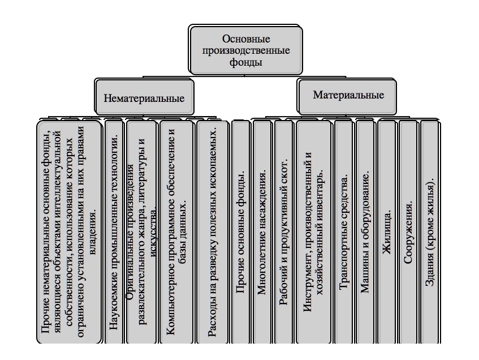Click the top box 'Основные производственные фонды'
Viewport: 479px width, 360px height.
point(246,50)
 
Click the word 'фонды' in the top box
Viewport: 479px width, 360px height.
point(246,62)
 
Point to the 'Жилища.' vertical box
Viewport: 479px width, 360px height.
point(387,232)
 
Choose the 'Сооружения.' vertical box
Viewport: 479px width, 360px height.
point(408,232)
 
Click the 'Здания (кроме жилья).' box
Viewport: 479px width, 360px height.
point(430,232)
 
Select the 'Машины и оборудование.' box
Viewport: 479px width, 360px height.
point(365,232)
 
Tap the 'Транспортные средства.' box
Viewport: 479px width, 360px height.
point(344,232)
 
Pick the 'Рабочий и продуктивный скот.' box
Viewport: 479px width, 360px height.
point(284,232)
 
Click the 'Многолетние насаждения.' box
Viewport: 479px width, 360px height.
point(262,232)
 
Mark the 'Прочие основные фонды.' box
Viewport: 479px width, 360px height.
point(241,232)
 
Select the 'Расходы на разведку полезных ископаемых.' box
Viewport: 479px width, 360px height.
point(212,232)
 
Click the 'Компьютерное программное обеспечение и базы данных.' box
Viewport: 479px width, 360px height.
point(176,232)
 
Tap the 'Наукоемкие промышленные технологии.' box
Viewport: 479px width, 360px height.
point(114,232)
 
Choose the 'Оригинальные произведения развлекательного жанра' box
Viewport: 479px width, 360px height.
point(141,232)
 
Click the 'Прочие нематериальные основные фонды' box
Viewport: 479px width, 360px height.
point(69,232)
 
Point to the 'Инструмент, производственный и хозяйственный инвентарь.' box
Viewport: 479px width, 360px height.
point(313,232)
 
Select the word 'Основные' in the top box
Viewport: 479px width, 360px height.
point(246,39)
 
